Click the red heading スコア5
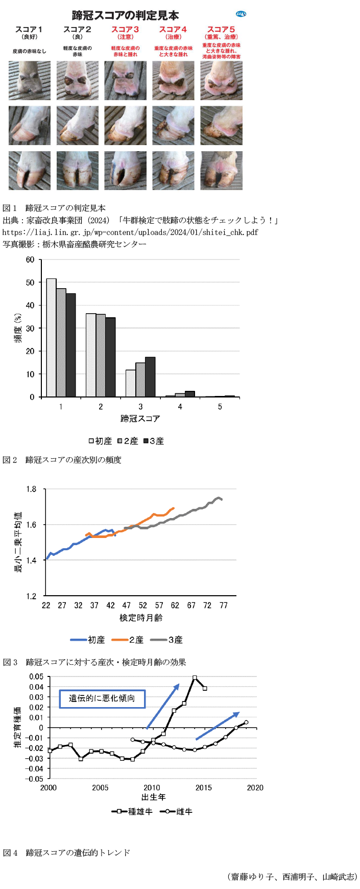pos(221,30)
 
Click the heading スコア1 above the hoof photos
pos(29,30)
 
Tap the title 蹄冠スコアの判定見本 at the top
pos(125,15)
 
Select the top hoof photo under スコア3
pos(125,81)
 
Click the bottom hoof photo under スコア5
pos(221,171)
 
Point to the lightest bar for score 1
pos(51,337)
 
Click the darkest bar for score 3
pos(150,377)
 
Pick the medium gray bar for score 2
pos(101,355)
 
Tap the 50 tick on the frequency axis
pos(31,283)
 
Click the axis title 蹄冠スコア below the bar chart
pos(140,418)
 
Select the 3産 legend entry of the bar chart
pos(154,441)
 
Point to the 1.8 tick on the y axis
pos(32,489)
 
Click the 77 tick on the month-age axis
pos(223,605)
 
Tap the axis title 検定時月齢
pos(141,618)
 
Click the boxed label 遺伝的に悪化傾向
pos(102,698)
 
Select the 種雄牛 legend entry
pos(132,811)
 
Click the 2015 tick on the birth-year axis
pos(204,787)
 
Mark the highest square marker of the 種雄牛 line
pos(195,677)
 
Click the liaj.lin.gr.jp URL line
pos(130,232)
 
